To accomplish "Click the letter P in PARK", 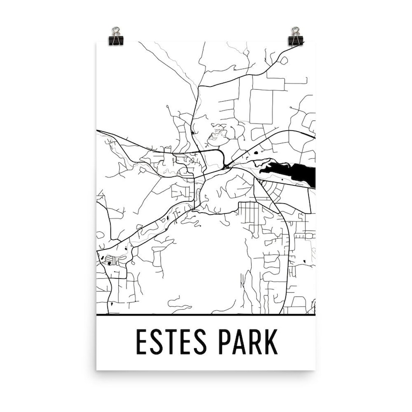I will [x=225, y=342].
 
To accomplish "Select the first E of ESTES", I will [x=142, y=342].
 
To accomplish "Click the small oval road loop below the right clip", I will [x=283, y=60].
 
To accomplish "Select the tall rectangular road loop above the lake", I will [x=261, y=106].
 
